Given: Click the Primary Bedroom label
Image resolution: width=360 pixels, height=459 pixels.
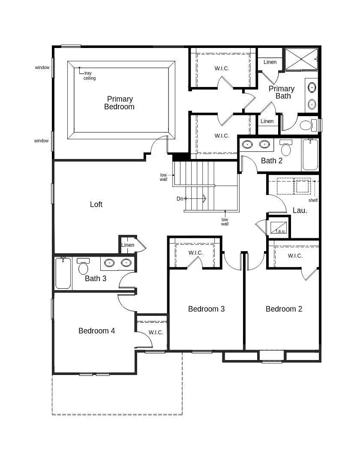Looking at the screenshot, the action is pos(120,103).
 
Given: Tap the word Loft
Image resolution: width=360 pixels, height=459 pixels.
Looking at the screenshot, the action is pos(96,204).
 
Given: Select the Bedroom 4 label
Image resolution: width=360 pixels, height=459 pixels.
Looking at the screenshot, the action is pos(96,331).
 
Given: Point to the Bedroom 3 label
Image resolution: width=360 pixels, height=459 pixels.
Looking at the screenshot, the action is pos(206,309).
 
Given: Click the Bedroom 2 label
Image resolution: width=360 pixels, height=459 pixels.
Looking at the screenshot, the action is pos(284,309).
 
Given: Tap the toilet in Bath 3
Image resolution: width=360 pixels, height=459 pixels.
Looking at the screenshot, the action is pos(84,266).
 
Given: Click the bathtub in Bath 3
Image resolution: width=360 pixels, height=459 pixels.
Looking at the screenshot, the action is pos(63,273).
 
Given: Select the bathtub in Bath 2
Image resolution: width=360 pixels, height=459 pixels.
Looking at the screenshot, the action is pos(310,154).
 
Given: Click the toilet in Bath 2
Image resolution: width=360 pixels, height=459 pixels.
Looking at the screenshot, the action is pos(286,147).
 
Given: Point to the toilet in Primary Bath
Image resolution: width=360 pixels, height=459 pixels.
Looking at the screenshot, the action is pos(308,125).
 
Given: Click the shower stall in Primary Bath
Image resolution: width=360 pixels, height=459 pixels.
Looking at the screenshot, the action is pos(301,60).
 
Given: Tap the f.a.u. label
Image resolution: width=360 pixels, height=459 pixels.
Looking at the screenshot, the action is pos(280,231).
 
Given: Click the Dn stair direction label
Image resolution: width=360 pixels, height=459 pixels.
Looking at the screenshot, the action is pos(180,199).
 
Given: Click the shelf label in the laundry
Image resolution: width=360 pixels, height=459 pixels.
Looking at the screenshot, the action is pos(313,200).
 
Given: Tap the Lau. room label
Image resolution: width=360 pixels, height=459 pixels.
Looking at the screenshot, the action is pos(300,210).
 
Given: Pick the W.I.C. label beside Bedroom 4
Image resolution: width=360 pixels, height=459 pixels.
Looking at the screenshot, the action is pos(156,333).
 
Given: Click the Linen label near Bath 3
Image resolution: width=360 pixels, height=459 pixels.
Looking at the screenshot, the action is pos(128,245).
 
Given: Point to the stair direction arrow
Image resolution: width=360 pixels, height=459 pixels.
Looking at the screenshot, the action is pos(196,199).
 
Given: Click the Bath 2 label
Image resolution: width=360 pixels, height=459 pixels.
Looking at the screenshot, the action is pos(272,161).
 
